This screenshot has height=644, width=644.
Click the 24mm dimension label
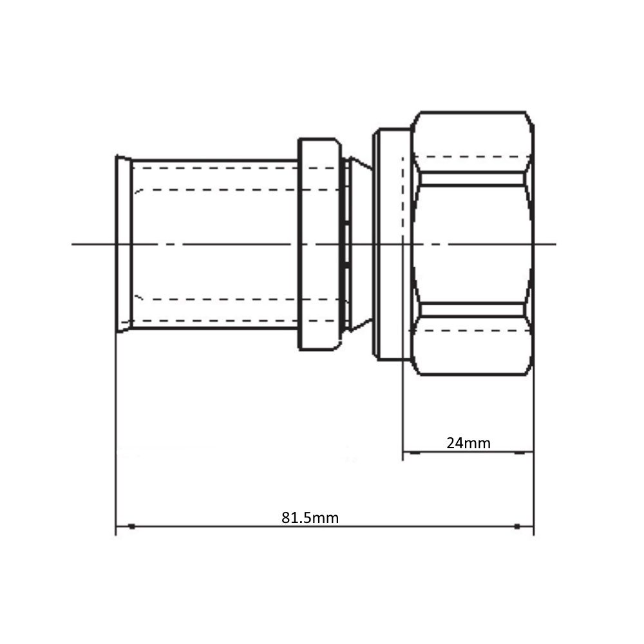click(468, 443)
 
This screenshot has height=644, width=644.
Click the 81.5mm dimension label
click(310, 518)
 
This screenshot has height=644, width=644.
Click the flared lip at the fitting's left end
click(124, 244)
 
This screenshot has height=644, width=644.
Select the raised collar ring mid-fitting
click(319, 244)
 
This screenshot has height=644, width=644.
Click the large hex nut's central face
click(472, 244)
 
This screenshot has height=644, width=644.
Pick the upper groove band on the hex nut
click(472, 179)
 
